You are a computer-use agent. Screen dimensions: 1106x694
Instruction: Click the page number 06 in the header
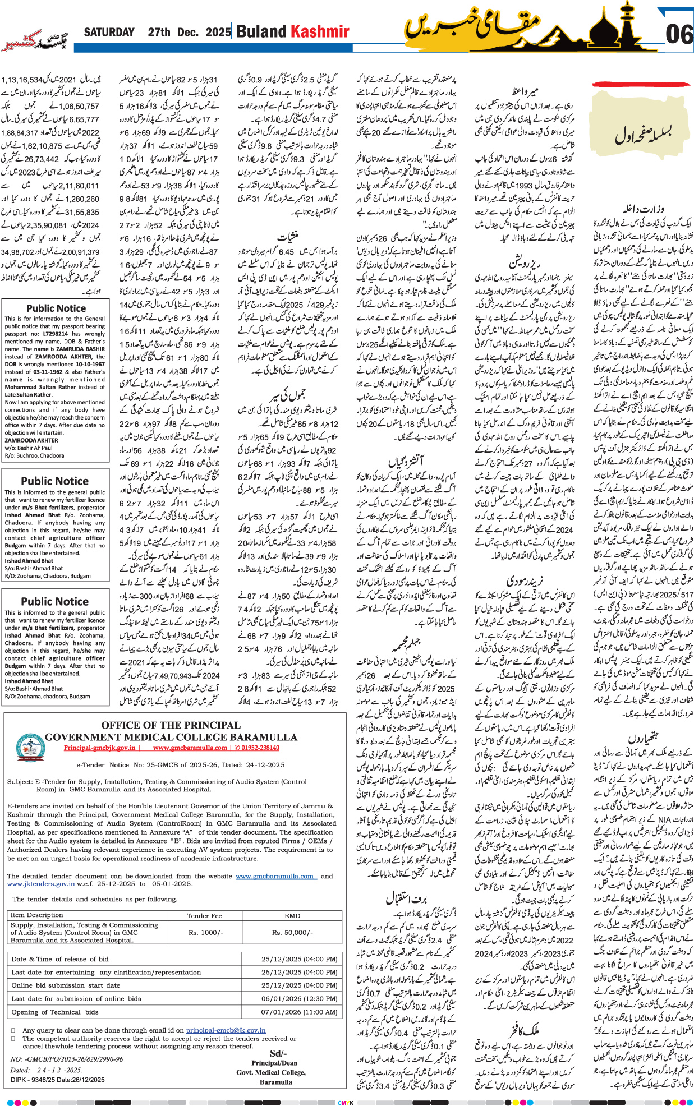pos(679,35)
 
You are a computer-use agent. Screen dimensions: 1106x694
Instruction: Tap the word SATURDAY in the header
pos(109,33)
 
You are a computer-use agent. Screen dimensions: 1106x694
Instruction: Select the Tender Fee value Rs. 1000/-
pos(206,932)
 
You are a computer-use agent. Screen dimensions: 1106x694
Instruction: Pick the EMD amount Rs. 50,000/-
pos(292,932)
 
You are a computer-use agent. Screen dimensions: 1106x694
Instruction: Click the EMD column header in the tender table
pos(292,915)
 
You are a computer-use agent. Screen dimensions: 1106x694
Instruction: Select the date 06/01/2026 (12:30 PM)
pos(299,998)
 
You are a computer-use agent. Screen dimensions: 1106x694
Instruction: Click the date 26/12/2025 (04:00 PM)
pos(299,972)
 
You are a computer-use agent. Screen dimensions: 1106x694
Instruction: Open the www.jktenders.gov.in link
pos(41,883)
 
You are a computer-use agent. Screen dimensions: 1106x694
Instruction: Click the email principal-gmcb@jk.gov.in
pos(226,1030)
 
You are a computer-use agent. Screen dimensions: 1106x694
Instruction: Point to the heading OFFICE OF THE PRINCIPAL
pos(171,725)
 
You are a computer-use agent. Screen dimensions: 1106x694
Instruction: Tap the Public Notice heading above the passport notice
pos(56,308)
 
